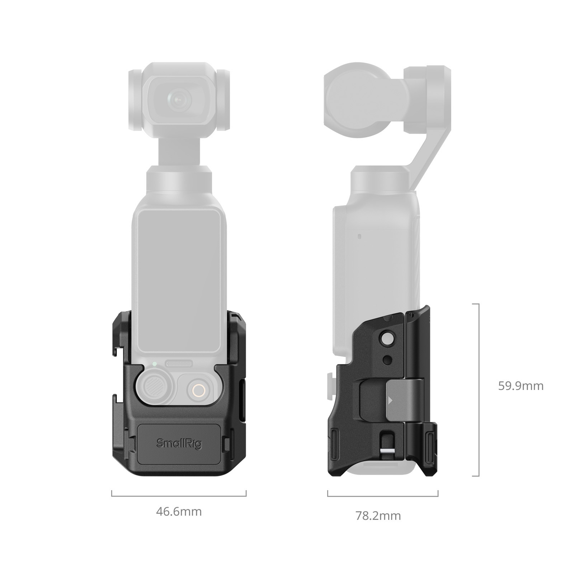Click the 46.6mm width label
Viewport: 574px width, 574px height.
tap(179, 511)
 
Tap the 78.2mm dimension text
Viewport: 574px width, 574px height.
tap(378, 516)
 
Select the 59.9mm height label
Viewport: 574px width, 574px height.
tap(521, 386)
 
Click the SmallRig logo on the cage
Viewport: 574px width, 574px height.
tap(179, 443)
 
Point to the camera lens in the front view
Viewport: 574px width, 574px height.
tap(178, 98)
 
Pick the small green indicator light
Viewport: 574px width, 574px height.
tap(154, 364)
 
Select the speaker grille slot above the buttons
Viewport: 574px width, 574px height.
tap(179, 364)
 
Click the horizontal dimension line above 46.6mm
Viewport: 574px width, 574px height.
tap(179, 496)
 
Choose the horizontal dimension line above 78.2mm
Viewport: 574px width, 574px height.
tap(382, 496)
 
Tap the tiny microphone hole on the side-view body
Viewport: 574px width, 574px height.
tap(359, 236)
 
